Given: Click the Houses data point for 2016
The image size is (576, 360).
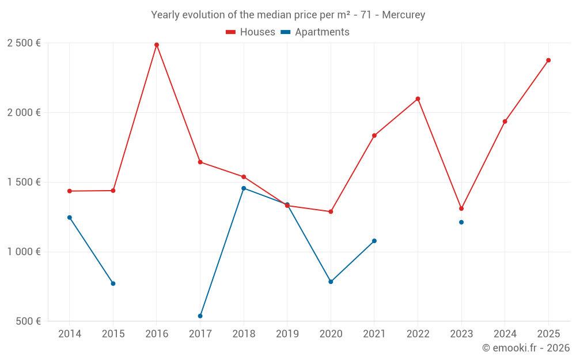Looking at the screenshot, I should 157,45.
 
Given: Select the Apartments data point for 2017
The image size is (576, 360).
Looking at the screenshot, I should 200,316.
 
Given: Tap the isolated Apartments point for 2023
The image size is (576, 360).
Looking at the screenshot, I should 461,222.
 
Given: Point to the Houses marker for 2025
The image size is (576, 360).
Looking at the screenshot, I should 548,60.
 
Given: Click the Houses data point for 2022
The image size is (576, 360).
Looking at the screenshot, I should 418,99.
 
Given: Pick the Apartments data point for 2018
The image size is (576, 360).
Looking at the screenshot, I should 244,188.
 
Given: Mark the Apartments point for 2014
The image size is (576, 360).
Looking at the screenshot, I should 70,218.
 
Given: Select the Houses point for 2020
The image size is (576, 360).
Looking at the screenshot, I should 331,212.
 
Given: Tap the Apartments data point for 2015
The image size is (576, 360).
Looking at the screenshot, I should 113,283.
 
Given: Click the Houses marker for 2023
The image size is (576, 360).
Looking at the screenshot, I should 461,209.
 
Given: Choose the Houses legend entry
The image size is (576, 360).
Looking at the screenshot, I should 251,32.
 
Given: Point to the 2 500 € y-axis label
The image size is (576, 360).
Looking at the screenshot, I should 24,43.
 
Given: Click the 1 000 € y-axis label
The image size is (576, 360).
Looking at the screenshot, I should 24,252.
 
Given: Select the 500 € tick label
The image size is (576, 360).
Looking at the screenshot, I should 28,321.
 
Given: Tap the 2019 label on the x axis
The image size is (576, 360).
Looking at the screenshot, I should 287,334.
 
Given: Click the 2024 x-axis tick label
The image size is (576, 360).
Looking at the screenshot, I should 505,334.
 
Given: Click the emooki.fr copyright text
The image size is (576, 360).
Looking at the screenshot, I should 526,348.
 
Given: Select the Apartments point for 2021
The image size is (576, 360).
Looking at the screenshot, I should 374,241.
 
